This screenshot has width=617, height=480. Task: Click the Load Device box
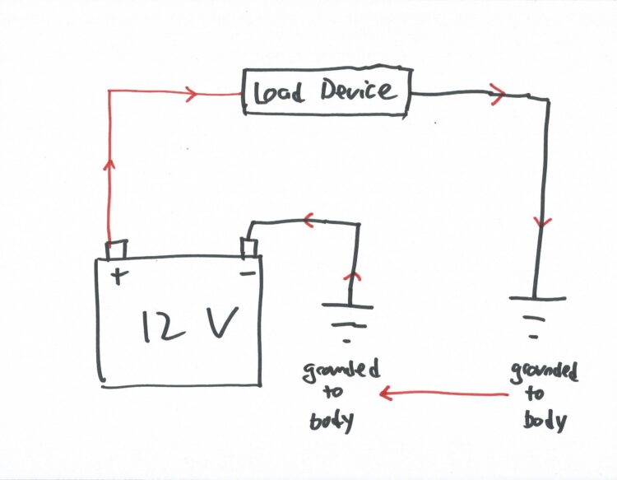tap(325, 91)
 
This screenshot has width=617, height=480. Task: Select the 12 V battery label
tap(190, 325)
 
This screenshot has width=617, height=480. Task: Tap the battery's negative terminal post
tap(248, 246)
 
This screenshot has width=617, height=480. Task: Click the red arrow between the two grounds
tap(443, 395)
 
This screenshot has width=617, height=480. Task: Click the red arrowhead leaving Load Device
tap(496, 93)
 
